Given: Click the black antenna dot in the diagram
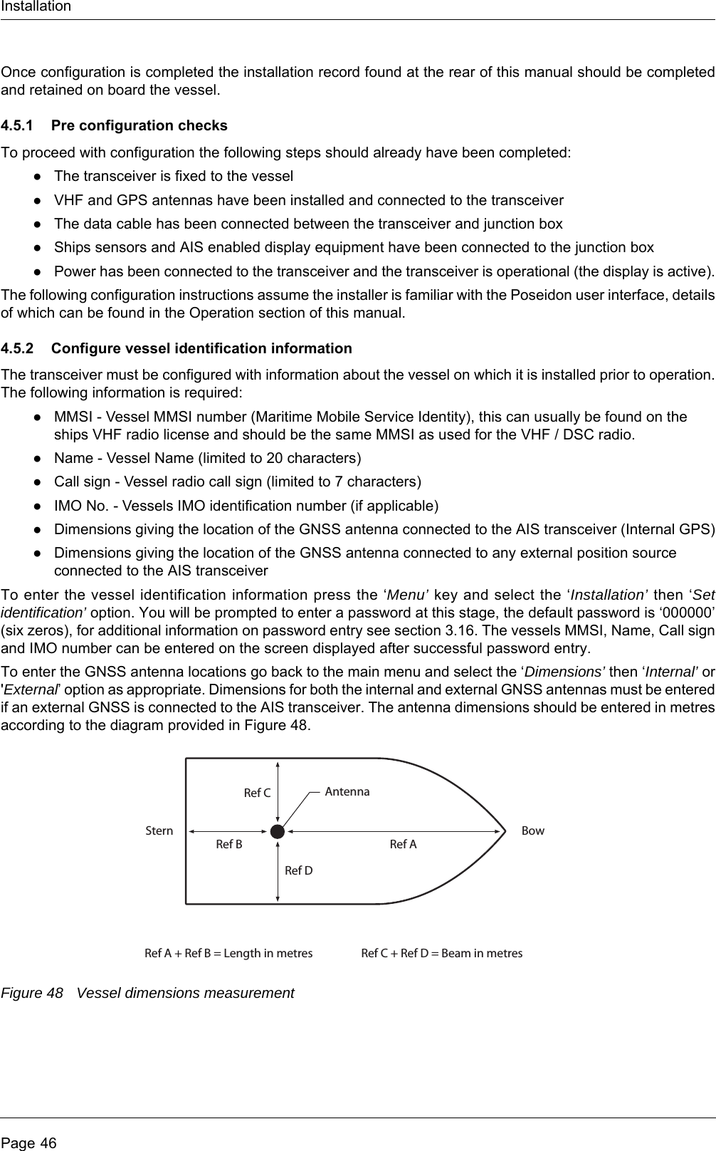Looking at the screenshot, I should [278, 830].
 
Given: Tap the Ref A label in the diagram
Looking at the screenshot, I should [403, 845].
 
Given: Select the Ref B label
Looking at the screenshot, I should [228, 845].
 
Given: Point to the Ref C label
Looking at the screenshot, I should [257, 793].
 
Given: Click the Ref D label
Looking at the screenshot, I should [298, 870].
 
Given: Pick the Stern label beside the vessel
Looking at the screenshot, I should [159, 830].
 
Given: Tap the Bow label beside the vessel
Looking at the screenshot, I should [532, 830].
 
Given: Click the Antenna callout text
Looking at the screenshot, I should [347, 791].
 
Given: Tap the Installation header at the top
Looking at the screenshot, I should [36, 7].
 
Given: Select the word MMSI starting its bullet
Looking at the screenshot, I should [73, 417].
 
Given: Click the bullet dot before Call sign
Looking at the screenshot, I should [36, 482].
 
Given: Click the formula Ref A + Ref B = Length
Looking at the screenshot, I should [228, 953].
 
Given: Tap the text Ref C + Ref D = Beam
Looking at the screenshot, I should [441, 953].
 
